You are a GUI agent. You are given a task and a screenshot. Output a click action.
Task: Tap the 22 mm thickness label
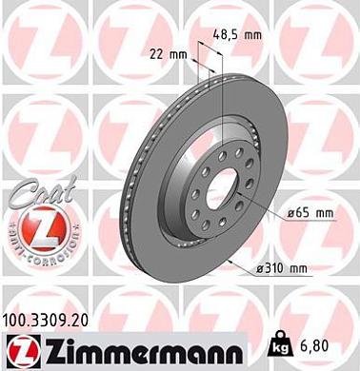pos(168,53)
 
